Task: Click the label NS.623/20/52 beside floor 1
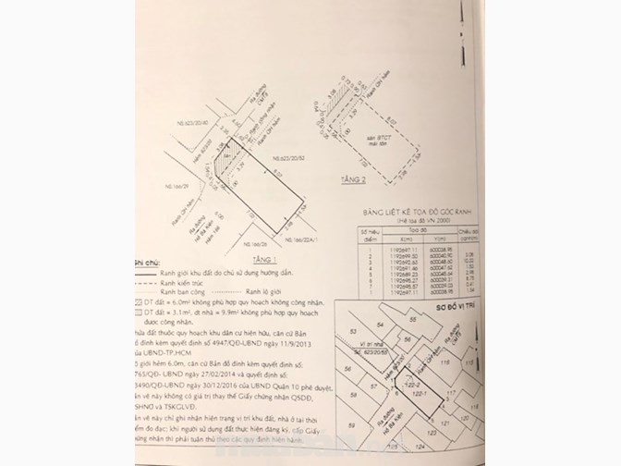[x=288, y=184]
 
